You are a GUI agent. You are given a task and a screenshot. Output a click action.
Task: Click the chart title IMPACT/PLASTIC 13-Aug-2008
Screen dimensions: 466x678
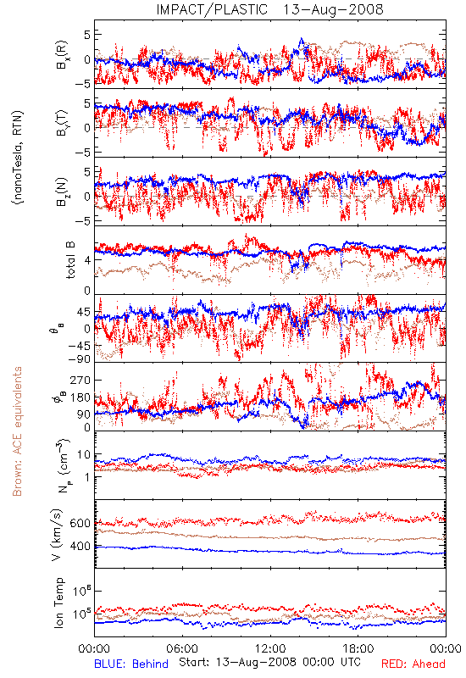point(269,9)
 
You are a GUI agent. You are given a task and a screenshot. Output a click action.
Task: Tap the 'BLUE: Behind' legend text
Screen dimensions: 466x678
point(131,664)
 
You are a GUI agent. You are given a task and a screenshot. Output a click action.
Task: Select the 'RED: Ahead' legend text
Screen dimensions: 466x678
point(413,664)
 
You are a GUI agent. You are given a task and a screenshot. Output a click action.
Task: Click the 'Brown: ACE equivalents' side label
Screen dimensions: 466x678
point(17,431)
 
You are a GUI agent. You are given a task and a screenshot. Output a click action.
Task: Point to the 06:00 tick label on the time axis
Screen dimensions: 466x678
point(182,648)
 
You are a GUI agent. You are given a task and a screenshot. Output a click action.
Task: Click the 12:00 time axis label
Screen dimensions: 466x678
point(270,648)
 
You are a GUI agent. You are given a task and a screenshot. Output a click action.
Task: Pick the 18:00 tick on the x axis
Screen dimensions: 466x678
point(358,648)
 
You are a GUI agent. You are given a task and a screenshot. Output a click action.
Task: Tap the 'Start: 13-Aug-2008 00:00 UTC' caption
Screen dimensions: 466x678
point(269,662)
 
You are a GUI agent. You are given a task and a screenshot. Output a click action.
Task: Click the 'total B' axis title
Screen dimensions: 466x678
point(70,260)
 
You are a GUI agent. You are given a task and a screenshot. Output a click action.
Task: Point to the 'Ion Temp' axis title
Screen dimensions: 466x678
point(58,603)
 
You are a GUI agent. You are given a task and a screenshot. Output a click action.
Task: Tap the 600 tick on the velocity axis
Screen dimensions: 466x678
point(80,523)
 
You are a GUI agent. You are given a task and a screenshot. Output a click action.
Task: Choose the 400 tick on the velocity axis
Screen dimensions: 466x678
point(80,547)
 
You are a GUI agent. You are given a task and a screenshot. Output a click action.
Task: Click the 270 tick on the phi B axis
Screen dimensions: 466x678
point(80,380)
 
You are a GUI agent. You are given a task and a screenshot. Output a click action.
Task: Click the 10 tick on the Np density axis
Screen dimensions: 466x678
point(83,454)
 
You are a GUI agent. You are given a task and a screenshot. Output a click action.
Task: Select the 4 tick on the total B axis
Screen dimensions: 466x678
point(87,260)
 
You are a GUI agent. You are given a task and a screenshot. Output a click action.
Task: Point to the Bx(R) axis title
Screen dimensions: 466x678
point(62,55)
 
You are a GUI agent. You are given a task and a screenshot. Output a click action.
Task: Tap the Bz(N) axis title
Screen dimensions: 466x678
point(62,192)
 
